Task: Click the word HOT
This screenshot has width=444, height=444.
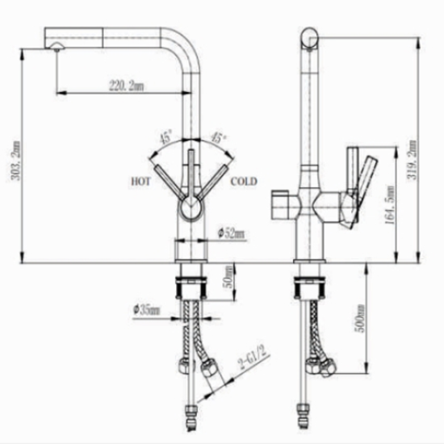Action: [x=140, y=182]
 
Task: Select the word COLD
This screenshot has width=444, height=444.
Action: [x=243, y=182]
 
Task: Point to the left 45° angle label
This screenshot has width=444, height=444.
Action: [x=165, y=139]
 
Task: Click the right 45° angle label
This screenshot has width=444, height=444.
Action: [x=218, y=139]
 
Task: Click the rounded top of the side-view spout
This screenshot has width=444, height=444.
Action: [x=309, y=36]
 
